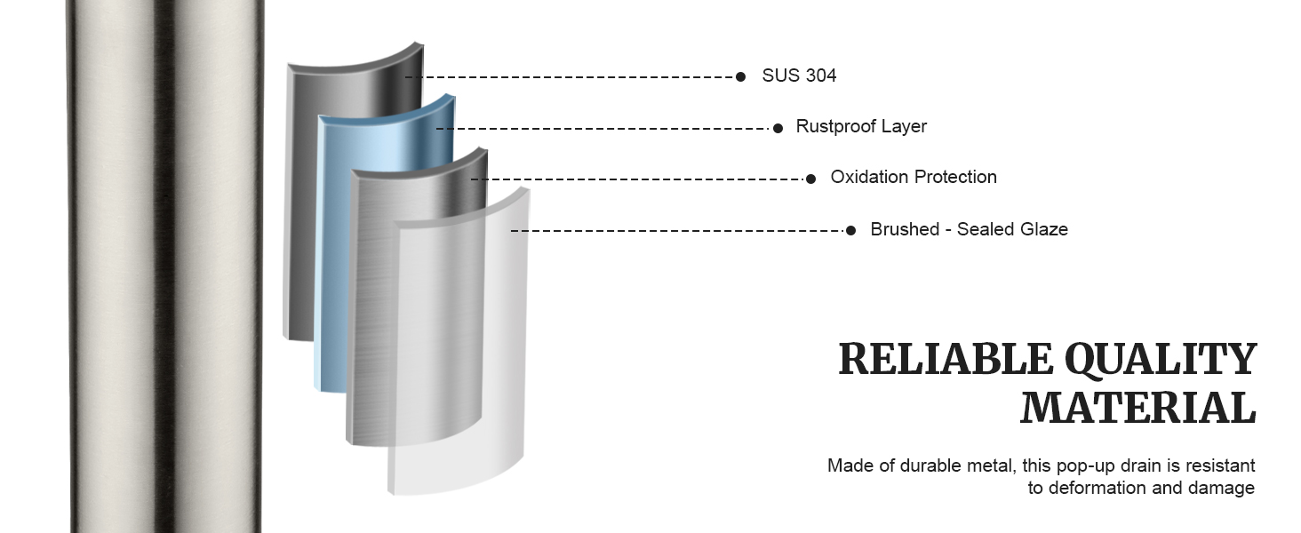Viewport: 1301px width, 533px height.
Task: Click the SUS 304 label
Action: pos(799,76)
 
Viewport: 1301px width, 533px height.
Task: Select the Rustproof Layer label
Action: pos(861,126)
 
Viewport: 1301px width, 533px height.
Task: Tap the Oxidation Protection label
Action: pos(913,177)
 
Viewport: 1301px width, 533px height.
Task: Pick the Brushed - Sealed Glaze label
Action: pos(969,229)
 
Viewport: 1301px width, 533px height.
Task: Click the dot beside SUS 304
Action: pos(740,76)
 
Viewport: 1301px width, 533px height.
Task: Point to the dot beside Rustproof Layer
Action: pos(778,128)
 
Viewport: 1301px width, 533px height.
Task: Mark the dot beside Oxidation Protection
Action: pos(810,179)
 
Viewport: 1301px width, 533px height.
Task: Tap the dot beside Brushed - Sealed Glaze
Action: pos(850,230)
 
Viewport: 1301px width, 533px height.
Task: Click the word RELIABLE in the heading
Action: pos(946,359)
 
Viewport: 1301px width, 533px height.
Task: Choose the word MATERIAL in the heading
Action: pos(1137,408)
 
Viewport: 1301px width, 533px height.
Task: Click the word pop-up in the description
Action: pos(1082,465)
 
